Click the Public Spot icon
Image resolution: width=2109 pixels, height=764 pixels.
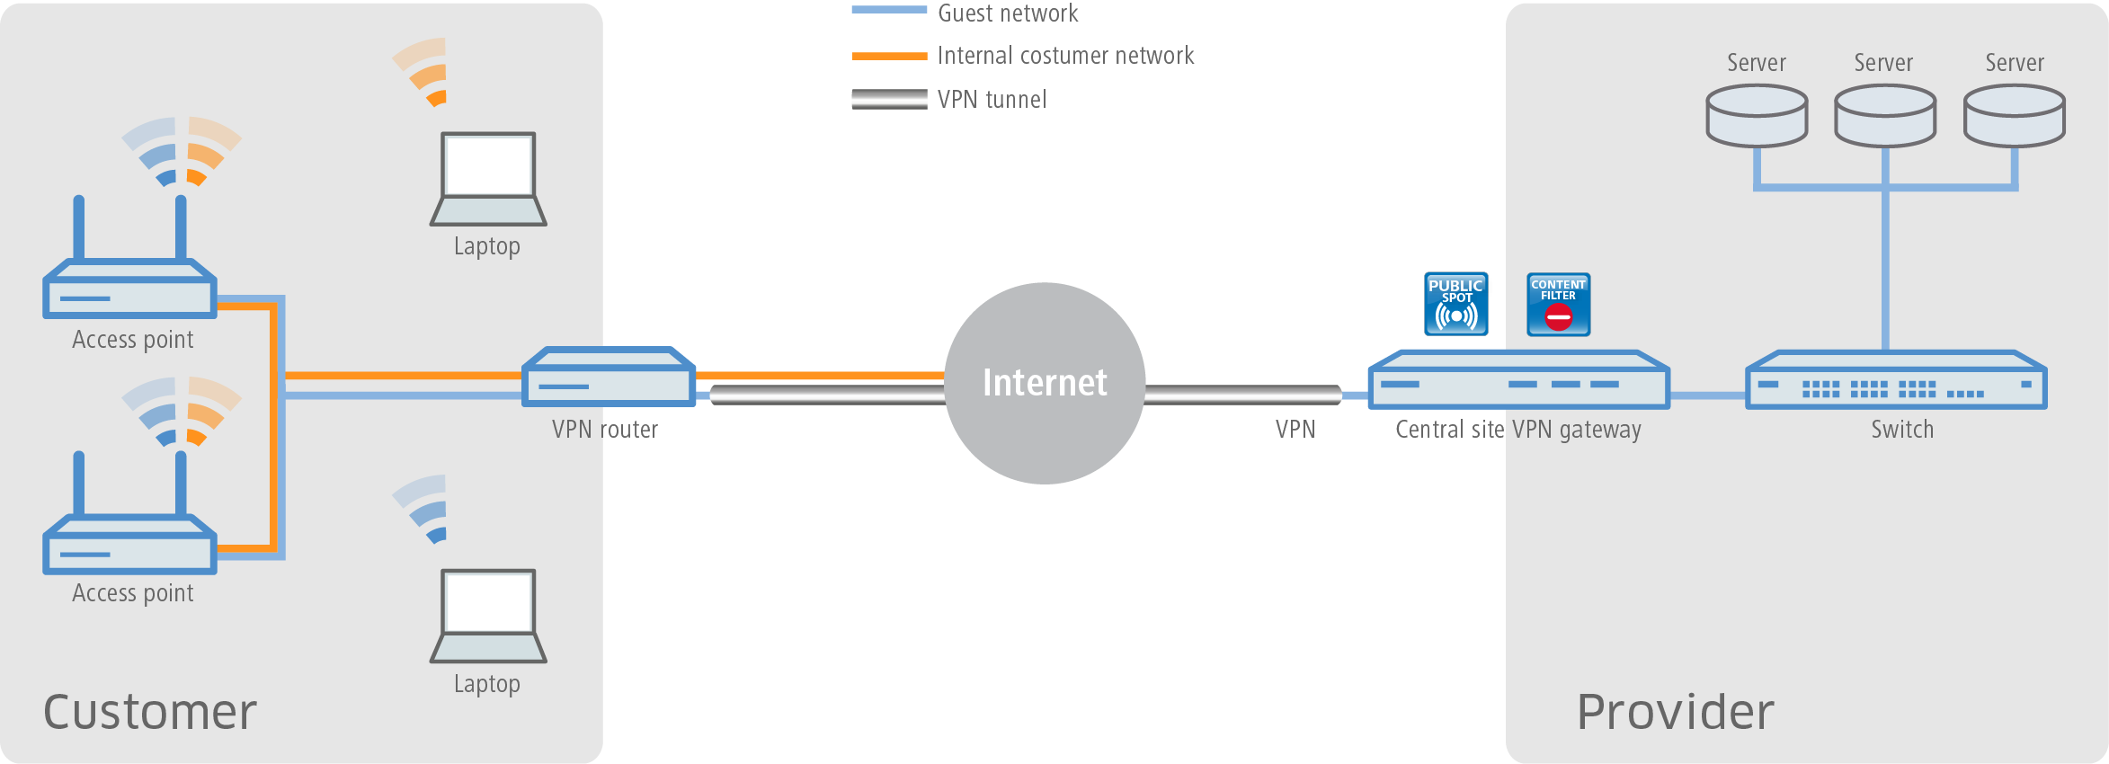(x=1456, y=305)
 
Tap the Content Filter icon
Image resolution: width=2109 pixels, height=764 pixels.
(x=1558, y=305)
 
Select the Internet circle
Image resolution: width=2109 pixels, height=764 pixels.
(x=1045, y=383)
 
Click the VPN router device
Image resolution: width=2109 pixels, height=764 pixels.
(x=609, y=378)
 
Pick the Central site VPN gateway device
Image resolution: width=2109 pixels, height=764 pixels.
(x=1518, y=381)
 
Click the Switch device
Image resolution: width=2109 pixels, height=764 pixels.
(x=1896, y=381)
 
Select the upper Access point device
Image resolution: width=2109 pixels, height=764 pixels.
(x=130, y=288)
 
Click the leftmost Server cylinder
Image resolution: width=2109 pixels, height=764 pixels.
(x=1757, y=116)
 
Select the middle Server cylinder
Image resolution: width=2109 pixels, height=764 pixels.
(x=1884, y=116)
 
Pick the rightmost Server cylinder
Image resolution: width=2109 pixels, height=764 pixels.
(x=2014, y=116)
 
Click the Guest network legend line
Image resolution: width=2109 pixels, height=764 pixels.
(x=889, y=11)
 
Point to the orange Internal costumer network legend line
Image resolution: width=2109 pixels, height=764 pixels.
(x=889, y=56)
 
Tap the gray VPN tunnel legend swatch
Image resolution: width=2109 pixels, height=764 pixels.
(x=889, y=99)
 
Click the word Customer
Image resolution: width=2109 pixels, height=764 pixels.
(x=150, y=712)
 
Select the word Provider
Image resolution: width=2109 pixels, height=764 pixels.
(x=1676, y=712)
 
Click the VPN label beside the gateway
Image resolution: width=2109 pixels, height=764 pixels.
(x=1295, y=430)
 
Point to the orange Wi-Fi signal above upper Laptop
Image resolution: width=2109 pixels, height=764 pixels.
(x=424, y=72)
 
